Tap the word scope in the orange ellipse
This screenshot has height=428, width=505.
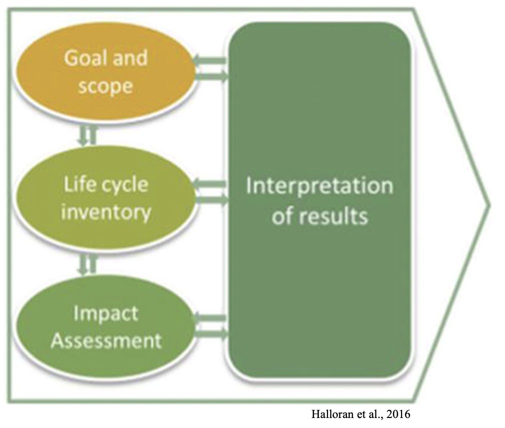point(105,86)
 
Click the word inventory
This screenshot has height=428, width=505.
point(106,212)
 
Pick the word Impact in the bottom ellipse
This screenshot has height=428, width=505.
point(106,314)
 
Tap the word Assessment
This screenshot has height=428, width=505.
point(106,340)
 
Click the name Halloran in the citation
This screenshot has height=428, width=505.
point(333,413)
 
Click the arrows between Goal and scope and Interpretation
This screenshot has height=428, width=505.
point(211,68)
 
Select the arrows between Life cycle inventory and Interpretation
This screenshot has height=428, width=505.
point(211,192)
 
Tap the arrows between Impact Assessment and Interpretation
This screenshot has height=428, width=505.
point(211,326)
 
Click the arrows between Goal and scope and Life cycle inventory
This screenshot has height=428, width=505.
point(87,135)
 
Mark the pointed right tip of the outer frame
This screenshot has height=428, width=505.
point(489,205)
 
